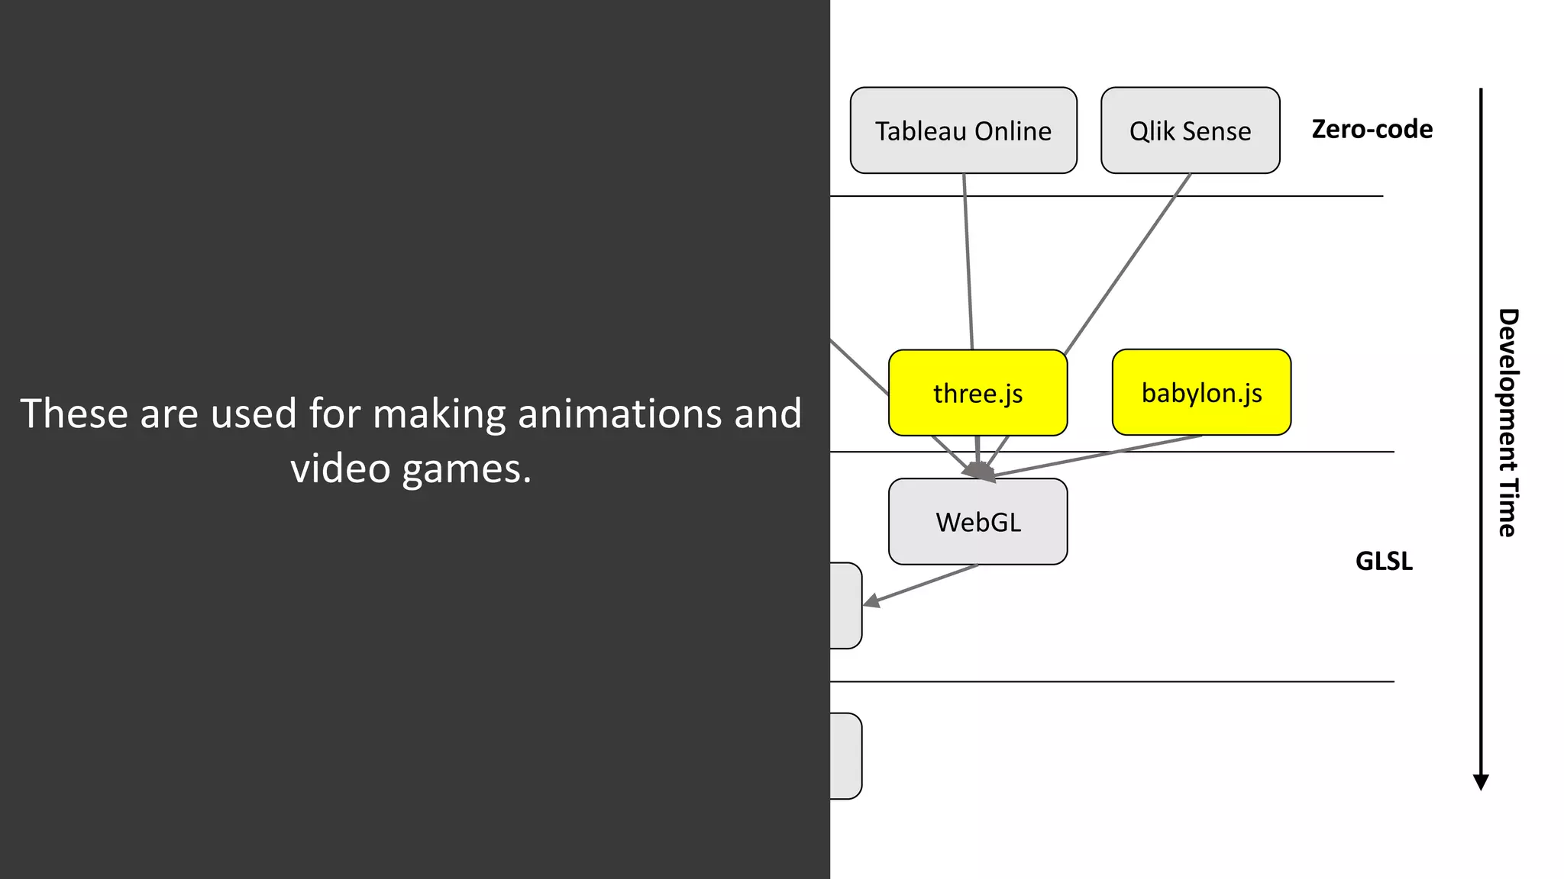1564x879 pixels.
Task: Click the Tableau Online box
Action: (963, 130)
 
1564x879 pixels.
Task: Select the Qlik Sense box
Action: (1190, 130)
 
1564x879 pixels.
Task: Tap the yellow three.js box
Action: (977, 393)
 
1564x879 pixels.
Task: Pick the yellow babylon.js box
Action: (1201, 392)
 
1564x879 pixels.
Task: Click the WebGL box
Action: (977, 522)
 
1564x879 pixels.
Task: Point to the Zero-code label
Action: (1372, 129)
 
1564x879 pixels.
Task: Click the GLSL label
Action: (1383, 561)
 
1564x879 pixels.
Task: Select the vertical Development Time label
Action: (1507, 423)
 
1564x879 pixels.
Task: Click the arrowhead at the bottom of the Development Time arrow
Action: (1481, 782)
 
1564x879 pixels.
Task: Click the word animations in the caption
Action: (622, 414)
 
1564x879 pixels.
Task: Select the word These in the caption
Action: (73, 414)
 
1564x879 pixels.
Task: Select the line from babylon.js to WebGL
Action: (1100, 456)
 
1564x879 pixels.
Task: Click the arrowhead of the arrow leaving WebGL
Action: (871, 602)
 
